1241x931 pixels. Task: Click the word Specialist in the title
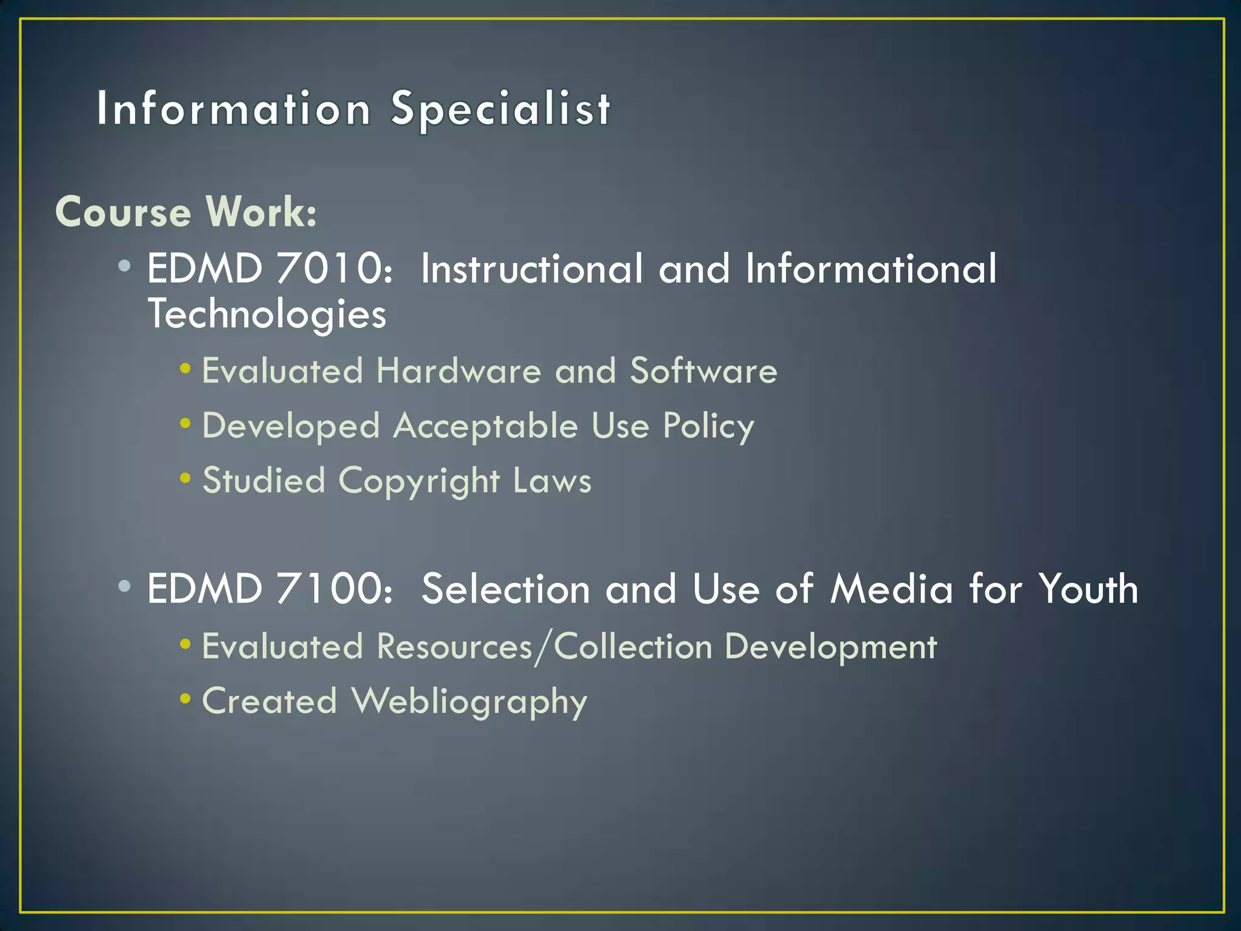click(501, 109)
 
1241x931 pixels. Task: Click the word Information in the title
click(234, 109)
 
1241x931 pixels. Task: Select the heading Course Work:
click(186, 212)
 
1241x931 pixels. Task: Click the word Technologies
click(267, 315)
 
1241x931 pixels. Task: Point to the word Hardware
click(458, 370)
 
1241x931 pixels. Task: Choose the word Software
click(704, 370)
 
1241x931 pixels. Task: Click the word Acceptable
click(485, 425)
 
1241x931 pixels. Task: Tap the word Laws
click(551, 481)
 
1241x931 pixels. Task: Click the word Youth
click(1088, 589)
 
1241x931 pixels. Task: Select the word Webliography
click(470, 702)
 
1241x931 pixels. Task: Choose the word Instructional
click(531, 269)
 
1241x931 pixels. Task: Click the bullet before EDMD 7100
click(125, 586)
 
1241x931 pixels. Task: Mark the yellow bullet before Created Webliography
click(185, 699)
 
